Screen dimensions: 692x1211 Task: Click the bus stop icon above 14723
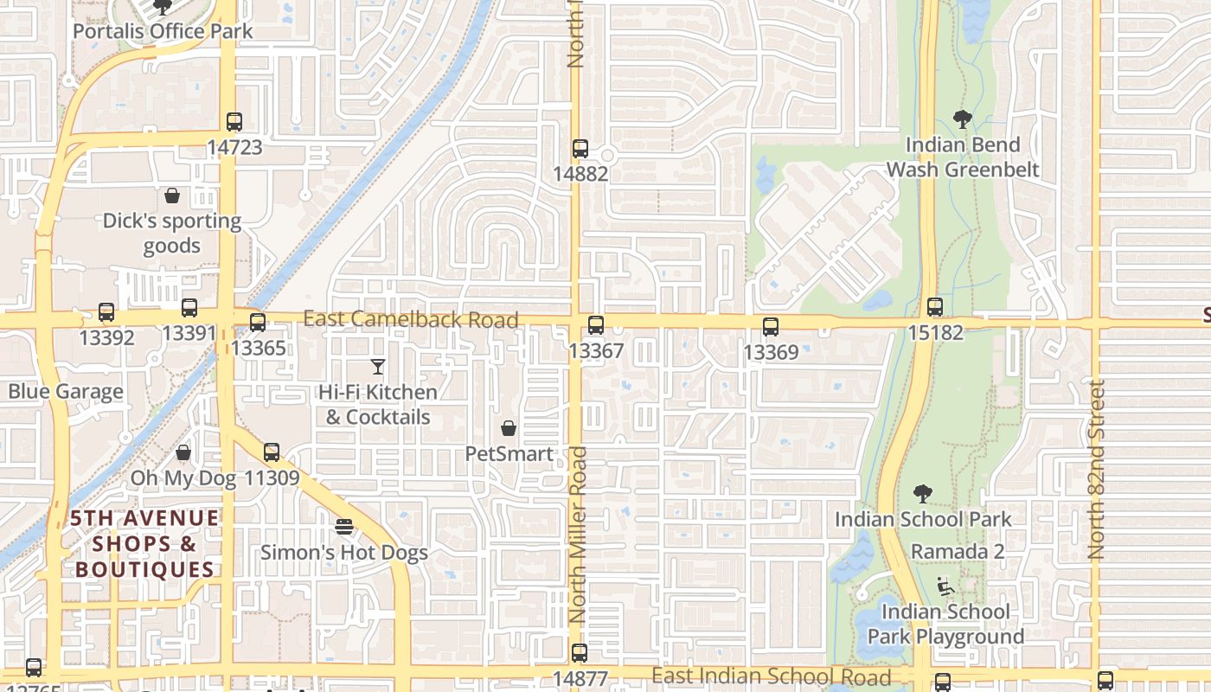pos(234,122)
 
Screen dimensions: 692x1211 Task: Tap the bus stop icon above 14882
pos(580,149)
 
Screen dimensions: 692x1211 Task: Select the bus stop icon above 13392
pos(106,312)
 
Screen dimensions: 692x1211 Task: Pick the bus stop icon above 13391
pos(189,308)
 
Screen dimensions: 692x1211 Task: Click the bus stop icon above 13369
pos(771,327)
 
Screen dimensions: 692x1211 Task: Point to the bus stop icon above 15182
pos(935,307)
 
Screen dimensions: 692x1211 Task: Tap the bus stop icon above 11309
pos(272,452)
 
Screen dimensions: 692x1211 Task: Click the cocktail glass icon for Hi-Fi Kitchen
pos(378,367)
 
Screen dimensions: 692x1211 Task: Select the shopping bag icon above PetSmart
pos(509,428)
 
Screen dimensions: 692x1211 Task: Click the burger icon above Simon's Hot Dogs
pos(344,527)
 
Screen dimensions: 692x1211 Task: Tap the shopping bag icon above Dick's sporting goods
pos(172,195)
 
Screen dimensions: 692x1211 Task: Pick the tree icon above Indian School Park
pos(923,494)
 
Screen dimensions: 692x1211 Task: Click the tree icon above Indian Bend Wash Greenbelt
pos(963,119)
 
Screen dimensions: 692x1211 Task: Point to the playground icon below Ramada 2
pos(946,587)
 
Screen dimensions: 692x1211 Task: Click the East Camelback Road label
pos(411,319)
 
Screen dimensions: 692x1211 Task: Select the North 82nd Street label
pos(1098,470)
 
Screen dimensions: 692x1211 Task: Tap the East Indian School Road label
pos(772,676)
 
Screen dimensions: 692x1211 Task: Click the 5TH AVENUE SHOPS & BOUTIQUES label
pos(144,543)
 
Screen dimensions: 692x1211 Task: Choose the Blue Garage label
pos(66,392)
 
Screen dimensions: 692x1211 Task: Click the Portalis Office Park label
pos(163,32)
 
